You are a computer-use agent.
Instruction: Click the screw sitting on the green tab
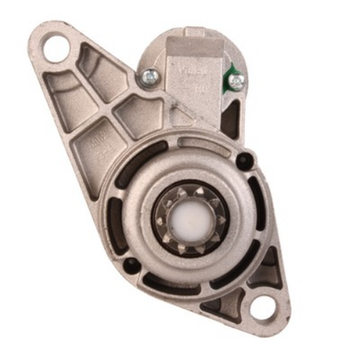236,80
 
